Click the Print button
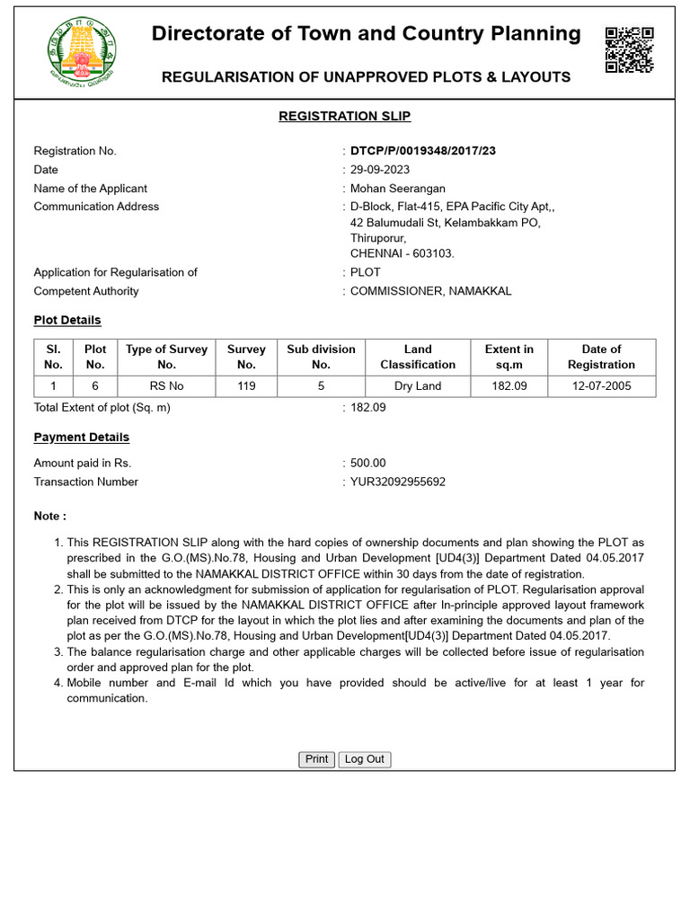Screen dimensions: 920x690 [316, 759]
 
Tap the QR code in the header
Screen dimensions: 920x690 [628, 49]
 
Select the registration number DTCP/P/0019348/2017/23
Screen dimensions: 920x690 [422, 151]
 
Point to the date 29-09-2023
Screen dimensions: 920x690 [379, 170]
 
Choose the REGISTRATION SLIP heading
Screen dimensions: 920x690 [344, 116]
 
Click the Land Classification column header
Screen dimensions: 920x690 [418, 357]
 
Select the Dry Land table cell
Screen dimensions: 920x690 [418, 386]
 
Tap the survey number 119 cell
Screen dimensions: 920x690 [246, 386]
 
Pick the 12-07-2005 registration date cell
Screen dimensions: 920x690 [601, 386]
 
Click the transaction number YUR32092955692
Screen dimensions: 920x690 [397, 482]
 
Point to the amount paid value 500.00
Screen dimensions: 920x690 [367, 463]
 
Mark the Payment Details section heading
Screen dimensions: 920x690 [81, 438]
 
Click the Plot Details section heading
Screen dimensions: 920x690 [67, 320]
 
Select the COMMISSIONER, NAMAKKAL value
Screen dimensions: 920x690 [430, 291]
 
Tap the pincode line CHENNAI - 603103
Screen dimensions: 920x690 [402, 253]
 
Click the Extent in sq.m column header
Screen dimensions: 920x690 [509, 357]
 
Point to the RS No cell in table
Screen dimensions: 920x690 [166, 386]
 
